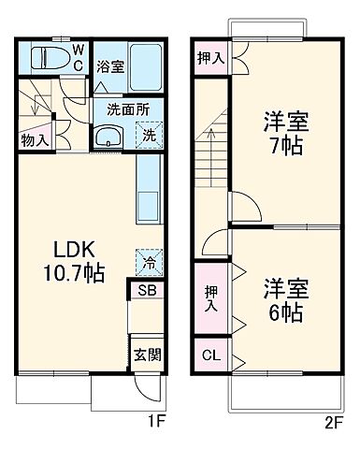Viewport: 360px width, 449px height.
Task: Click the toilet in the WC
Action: point(48,58)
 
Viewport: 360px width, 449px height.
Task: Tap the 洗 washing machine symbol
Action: point(151,134)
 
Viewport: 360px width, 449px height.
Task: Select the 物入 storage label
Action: point(35,140)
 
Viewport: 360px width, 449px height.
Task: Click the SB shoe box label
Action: point(148,291)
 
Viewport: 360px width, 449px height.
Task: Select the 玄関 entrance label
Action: point(148,355)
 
